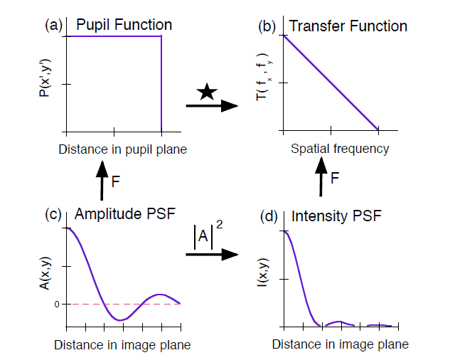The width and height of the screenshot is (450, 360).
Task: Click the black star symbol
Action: (206, 90)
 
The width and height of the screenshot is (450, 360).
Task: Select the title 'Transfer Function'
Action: (348, 26)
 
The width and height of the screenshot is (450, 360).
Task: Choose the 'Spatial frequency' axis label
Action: (340, 149)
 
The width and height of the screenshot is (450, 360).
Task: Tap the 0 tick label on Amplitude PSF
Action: (56, 304)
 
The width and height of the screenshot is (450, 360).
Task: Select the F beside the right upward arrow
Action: (335, 178)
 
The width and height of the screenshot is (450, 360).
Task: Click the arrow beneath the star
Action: (212, 106)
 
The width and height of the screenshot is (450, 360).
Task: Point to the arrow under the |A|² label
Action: (212, 253)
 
